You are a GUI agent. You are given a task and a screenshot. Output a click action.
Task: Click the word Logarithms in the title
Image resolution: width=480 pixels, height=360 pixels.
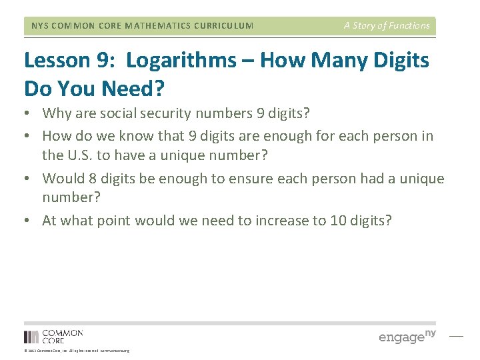click(181, 61)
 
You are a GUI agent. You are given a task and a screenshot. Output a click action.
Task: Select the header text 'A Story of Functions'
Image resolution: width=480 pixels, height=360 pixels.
click(387, 25)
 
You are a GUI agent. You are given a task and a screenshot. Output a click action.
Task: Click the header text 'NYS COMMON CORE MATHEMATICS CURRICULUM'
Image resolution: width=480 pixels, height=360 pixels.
click(143, 26)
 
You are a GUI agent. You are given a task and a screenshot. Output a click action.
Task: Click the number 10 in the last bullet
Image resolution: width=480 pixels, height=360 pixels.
click(338, 221)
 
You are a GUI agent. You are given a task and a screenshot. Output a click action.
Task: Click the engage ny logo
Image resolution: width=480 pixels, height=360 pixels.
click(407, 336)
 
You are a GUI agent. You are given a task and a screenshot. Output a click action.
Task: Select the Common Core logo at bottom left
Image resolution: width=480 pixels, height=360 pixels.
click(53, 336)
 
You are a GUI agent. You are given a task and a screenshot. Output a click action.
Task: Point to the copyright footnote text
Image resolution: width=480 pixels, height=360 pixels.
click(77, 351)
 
